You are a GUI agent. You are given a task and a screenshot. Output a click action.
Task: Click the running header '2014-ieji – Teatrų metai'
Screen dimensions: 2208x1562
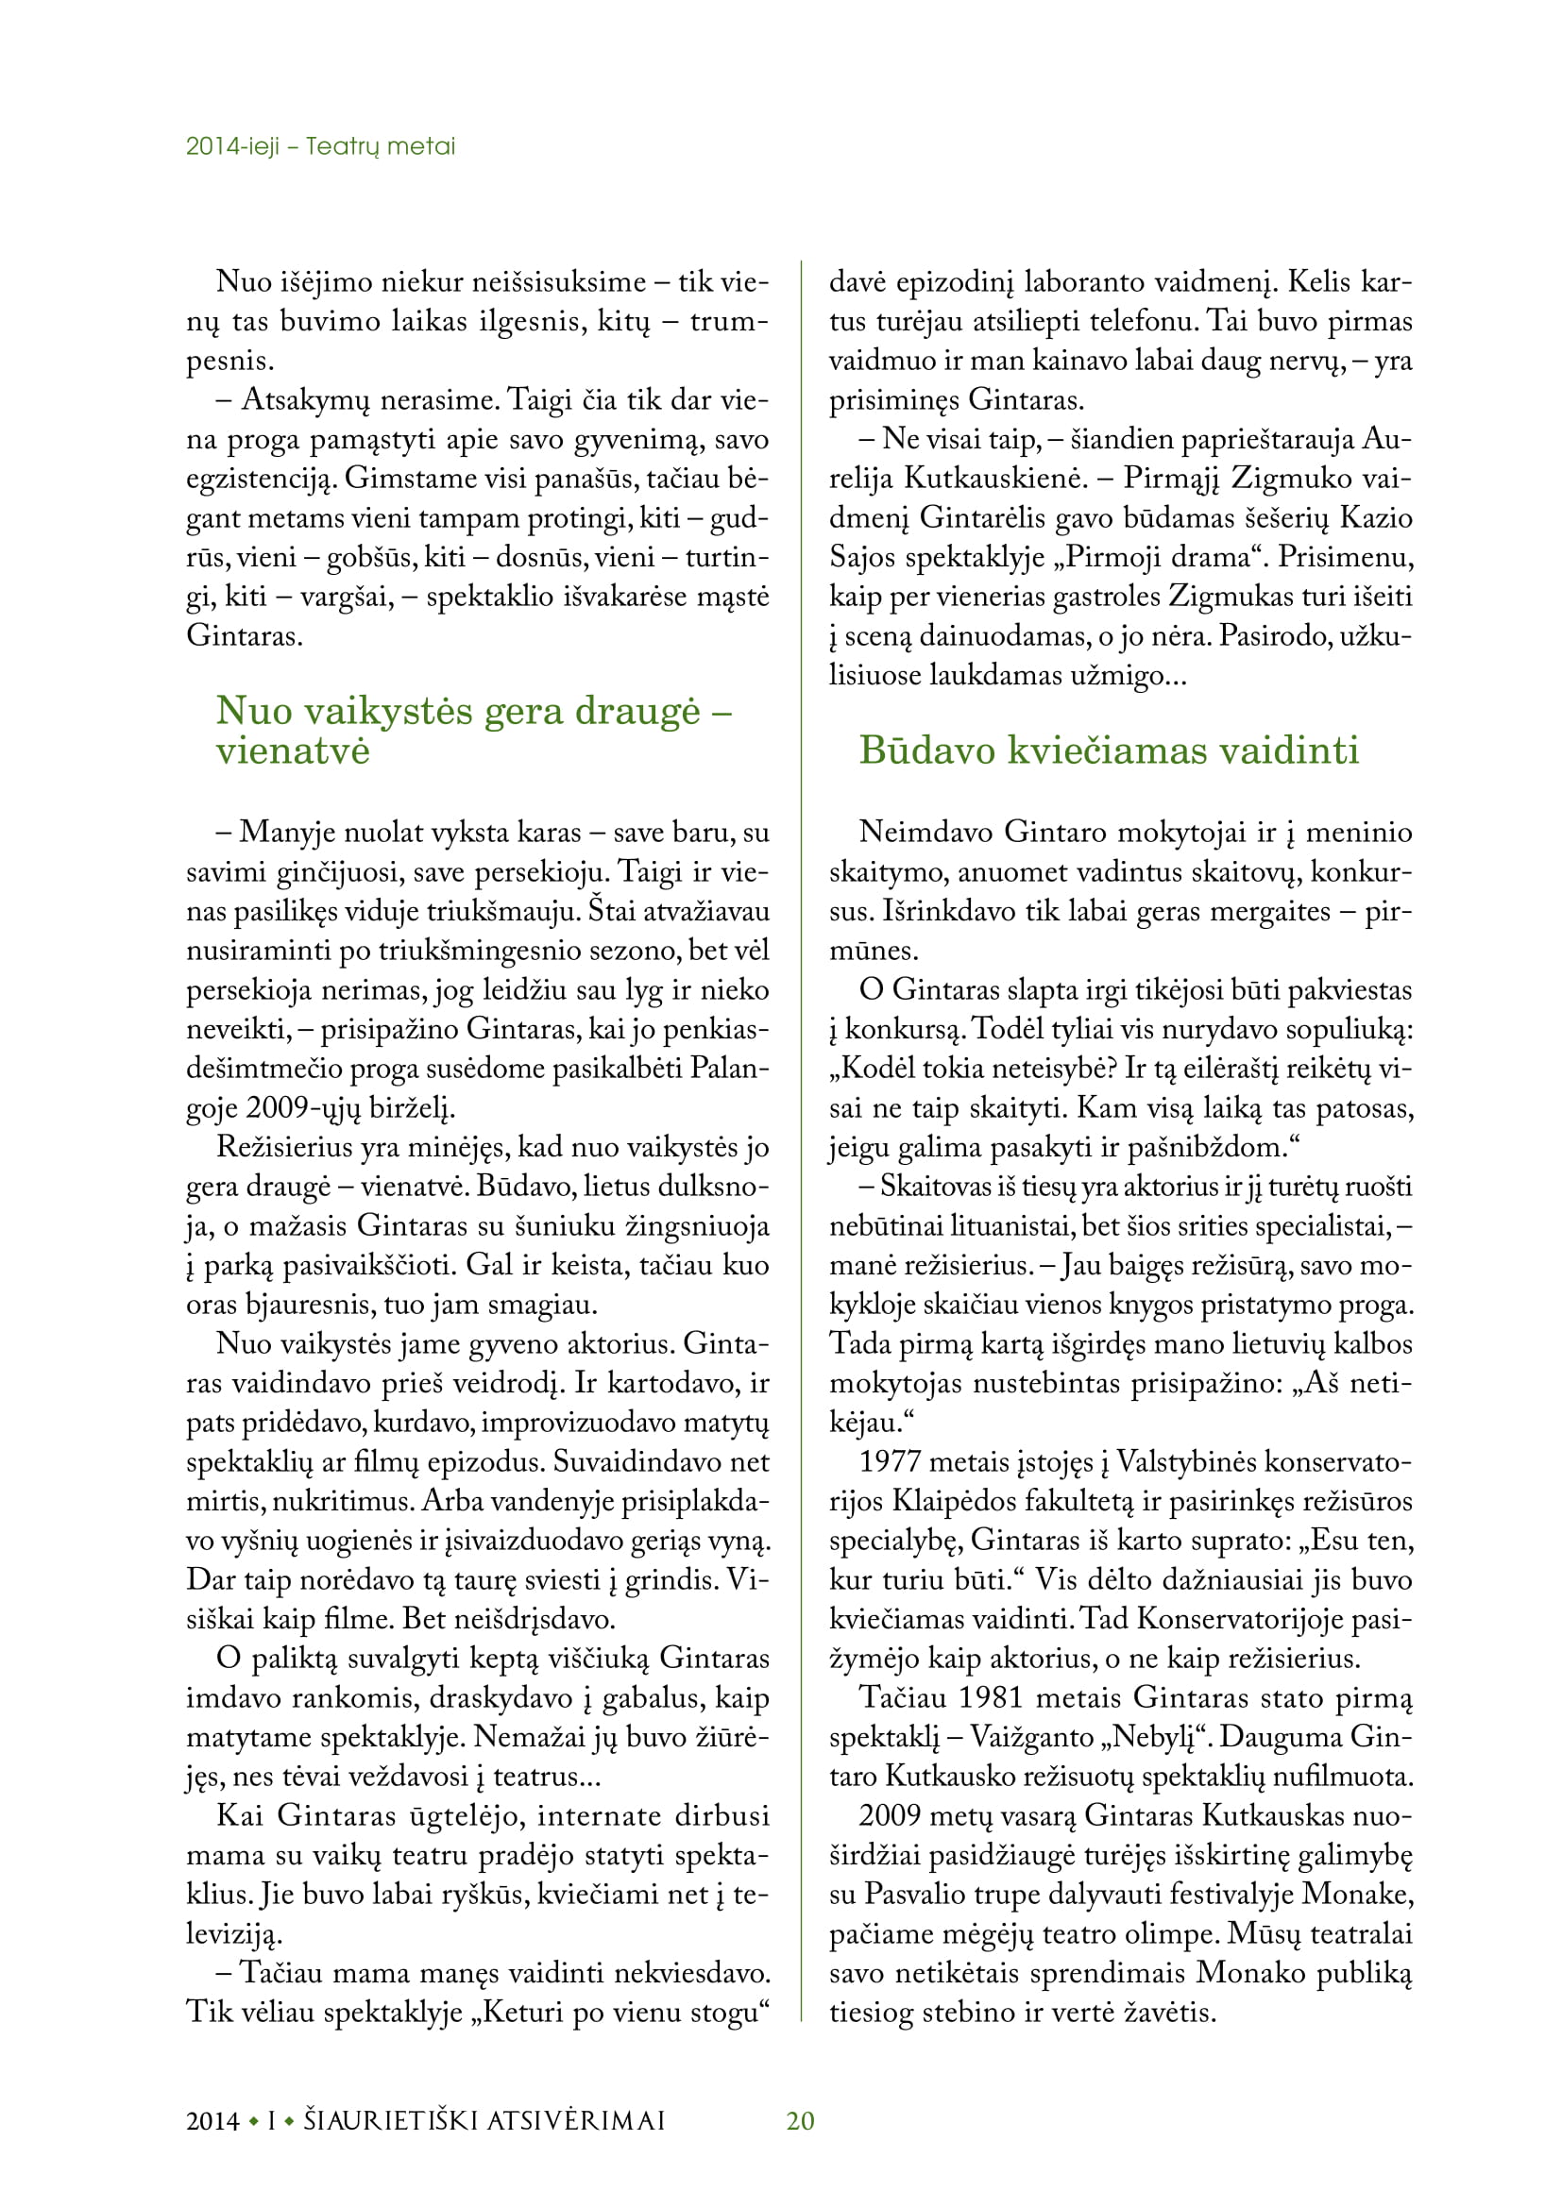320,146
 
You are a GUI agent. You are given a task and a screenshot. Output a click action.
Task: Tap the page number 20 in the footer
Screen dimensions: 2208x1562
800,2120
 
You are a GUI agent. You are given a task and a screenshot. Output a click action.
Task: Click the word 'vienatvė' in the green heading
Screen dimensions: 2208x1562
293,751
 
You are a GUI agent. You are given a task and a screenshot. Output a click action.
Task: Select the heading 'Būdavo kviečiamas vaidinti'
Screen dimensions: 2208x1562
1109,751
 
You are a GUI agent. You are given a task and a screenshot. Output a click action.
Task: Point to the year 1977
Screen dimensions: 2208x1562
891,1462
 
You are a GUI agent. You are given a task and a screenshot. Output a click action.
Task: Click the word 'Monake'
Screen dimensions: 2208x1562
1356,1895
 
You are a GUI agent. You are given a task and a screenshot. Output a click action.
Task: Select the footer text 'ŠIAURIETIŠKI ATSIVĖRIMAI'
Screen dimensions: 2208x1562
484,2120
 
